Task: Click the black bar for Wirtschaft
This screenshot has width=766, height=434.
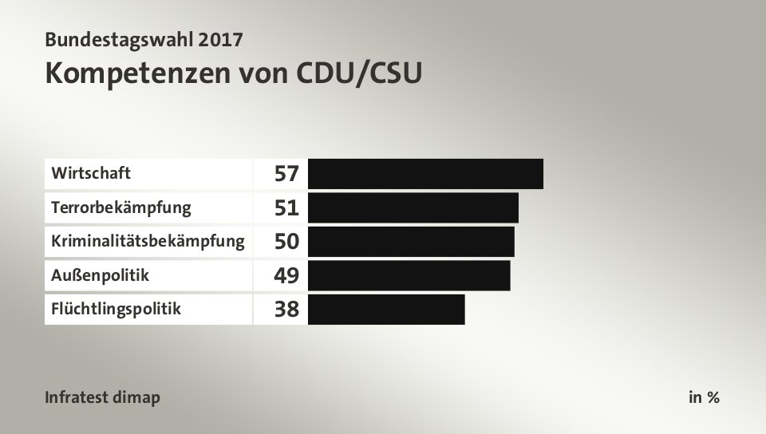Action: click(424, 173)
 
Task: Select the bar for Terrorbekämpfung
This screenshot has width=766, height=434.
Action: click(413, 207)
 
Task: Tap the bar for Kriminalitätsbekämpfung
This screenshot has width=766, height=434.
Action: click(410, 241)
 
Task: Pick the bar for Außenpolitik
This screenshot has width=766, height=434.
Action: click(409, 275)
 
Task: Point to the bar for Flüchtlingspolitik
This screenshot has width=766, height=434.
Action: click(385, 310)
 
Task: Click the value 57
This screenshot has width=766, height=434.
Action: click(286, 173)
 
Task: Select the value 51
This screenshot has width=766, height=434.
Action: click(286, 208)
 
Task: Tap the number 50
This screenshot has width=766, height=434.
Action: click(286, 242)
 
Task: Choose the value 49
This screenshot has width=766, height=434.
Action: click(286, 276)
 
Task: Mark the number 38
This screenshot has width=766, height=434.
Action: click(286, 310)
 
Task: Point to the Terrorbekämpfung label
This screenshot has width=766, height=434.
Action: click(121, 208)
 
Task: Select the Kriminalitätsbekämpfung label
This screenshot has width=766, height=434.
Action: click(148, 241)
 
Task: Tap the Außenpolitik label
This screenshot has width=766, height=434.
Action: click(100, 275)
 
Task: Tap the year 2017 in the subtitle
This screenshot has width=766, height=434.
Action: click(217, 38)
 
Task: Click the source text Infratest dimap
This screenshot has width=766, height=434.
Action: click(103, 397)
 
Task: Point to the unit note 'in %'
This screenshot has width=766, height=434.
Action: click(704, 397)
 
